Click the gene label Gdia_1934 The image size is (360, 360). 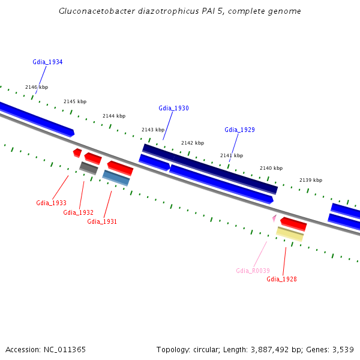[47, 62]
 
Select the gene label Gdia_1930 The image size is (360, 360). [173, 109]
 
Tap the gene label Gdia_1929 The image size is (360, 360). [239, 130]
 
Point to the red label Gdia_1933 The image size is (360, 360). [51, 203]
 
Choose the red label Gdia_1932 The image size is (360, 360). [78, 212]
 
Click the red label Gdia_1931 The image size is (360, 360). [102, 221]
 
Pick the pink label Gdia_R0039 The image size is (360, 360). [253, 271]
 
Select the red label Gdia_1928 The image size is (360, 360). [281, 279]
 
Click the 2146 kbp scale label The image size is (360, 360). [37, 87]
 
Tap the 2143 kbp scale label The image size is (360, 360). [153, 130]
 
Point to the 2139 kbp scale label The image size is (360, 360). [311, 180]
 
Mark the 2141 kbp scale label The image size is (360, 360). [232, 155]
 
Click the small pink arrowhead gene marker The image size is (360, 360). [274, 218]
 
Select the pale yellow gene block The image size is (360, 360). [290, 234]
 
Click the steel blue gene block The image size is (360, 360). [116, 178]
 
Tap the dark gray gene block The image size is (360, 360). [89, 168]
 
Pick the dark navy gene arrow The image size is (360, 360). [210, 169]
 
